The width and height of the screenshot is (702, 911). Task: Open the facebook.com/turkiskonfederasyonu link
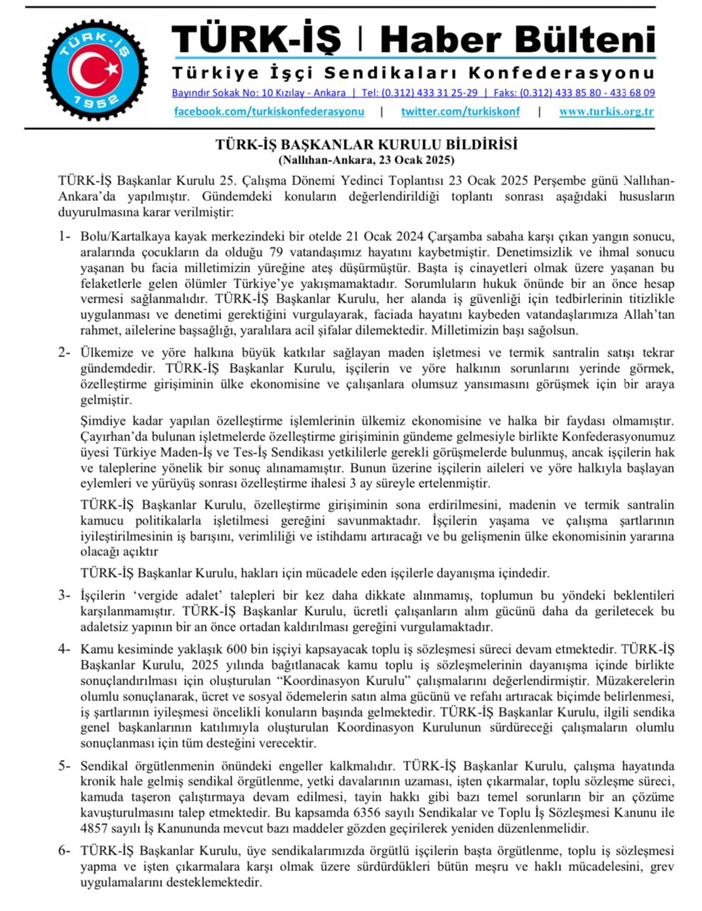click(x=269, y=112)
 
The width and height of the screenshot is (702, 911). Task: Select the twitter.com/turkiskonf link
click(x=460, y=112)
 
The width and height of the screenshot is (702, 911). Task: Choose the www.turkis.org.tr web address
click(x=606, y=112)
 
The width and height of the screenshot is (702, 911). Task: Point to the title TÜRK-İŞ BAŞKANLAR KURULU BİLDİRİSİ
click(x=366, y=144)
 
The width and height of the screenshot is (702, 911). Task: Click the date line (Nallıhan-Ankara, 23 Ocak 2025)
click(x=366, y=159)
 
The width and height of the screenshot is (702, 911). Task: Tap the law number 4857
click(x=94, y=829)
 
